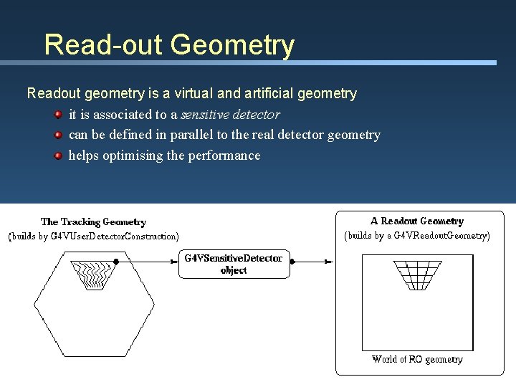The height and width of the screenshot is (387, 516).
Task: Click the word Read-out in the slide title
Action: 103,44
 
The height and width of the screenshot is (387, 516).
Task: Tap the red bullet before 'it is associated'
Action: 58,114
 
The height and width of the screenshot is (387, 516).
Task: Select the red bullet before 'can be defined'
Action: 58,135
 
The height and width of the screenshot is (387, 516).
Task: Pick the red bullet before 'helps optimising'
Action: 58,155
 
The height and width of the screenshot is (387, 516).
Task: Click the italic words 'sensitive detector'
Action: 229,114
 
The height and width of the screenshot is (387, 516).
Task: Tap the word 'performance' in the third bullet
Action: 224,156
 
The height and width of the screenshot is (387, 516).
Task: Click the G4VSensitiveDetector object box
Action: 234,264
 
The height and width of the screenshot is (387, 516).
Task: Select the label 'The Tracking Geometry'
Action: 93,222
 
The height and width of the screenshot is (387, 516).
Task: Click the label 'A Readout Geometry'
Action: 417,221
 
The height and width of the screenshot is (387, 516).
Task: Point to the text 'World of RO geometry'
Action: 417,359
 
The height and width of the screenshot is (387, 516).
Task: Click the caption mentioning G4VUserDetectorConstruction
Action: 93,236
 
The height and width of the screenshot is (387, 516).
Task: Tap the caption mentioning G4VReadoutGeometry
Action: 417,235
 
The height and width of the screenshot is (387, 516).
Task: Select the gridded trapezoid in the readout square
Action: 418,274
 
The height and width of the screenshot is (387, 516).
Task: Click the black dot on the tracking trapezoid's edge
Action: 116,262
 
